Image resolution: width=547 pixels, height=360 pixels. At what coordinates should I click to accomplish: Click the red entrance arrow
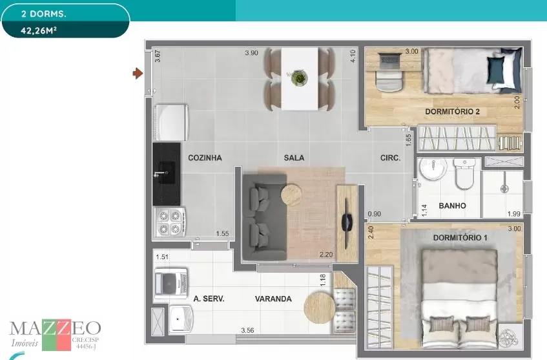(x=138, y=73)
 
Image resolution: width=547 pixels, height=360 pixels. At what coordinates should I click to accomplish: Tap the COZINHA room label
(x=205, y=158)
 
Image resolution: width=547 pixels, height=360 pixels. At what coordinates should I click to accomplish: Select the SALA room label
(x=294, y=158)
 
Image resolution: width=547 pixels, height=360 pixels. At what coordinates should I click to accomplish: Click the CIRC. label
(x=390, y=158)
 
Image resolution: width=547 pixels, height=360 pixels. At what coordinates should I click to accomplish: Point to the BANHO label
(x=452, y=206)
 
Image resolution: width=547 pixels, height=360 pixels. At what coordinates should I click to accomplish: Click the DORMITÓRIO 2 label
(x=452, y=112)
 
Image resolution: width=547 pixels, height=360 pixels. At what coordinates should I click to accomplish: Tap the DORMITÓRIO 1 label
(x=460, y=238)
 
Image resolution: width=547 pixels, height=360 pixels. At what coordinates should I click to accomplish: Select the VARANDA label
(x=273, y=299)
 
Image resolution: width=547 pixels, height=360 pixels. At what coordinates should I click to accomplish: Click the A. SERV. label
(x=209, y=299)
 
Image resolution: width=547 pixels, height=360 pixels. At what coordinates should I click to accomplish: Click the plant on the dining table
(x=299, y=77)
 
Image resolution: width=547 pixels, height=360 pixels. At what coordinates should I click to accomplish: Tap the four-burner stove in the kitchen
(x=170, y=222)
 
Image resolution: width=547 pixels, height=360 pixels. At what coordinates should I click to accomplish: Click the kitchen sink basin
(x=167, y=173)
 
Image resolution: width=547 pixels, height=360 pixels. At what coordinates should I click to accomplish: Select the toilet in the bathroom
(x=464, y=174)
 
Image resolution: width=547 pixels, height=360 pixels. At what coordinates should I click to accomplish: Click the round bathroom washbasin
(x=433, y=169)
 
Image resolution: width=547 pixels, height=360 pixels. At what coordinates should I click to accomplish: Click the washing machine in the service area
(x=171, y=283)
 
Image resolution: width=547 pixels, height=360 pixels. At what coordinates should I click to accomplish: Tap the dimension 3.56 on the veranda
(x=247, y=330)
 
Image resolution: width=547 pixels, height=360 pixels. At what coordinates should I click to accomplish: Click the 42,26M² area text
(x=38, y=30)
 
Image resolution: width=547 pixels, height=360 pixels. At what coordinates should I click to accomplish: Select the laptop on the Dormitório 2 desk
(x=389, y=61)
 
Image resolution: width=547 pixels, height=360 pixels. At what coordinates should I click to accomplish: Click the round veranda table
(x=320, y=308)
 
